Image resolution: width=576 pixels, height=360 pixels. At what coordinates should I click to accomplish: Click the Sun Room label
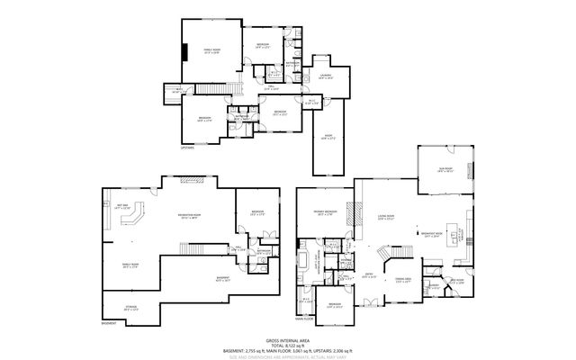(445, 168)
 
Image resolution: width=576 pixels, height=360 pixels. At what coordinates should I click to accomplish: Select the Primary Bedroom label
(324, 212)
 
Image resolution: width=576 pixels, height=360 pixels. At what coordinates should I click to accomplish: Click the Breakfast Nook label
(435, 236)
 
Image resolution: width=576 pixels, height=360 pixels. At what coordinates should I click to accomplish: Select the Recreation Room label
(190, 217)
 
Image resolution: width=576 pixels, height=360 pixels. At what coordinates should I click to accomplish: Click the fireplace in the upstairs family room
(184, 51)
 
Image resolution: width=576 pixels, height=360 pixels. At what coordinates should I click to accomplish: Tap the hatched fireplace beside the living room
(357, 217)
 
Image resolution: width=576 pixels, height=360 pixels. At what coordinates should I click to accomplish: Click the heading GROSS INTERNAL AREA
(288, 339)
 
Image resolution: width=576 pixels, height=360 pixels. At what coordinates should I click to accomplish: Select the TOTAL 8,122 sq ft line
(288, 344)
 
